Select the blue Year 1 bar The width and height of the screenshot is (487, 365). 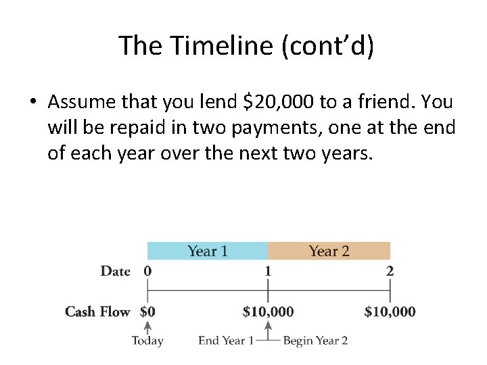(x=208, y=251)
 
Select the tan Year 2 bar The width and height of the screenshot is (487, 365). (x=329, y=251)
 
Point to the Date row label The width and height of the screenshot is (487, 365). (x=115, y=271)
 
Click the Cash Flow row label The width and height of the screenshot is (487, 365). (x=97, y=312)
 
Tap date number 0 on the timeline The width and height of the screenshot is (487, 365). (x=147, y=271)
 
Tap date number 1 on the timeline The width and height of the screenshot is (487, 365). (x=268, y=271)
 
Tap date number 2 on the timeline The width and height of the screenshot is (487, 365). (x=390, y=271)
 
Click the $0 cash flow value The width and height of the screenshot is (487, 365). (x=147, y=312)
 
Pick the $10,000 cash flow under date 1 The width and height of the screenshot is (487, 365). (x=268, y=312)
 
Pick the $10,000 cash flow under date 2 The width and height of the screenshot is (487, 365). (x=390, y=312)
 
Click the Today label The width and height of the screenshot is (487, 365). (x=147, y=341)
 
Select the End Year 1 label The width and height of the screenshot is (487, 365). (x=226, y=341)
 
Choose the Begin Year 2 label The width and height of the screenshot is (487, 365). (x=315, y=341)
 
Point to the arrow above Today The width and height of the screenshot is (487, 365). (x=147, y=327)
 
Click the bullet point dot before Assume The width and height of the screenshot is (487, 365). (x=32, y=103)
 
